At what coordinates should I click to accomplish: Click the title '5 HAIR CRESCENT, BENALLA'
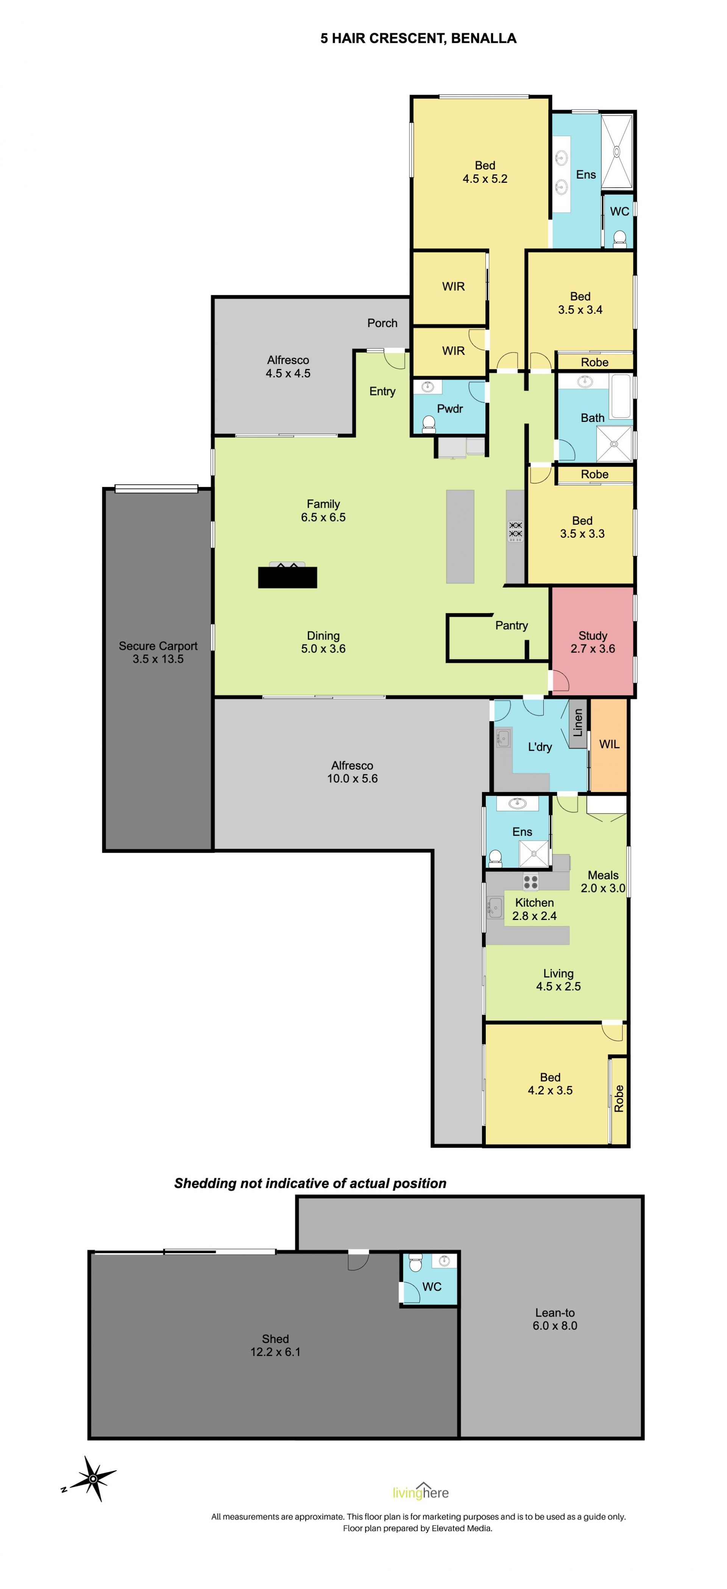(418, 38)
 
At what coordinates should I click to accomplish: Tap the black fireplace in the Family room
(287, 577)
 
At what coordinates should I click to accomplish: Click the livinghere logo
(420, 1491)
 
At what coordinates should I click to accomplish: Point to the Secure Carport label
(158, 652)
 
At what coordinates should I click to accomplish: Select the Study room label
(593, 641)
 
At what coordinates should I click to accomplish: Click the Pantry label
(511, 626)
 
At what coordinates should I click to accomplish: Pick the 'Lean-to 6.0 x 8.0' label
(555, 1319)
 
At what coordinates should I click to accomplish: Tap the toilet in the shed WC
(415, 1263)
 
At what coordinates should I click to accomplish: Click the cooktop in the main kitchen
(515, 531)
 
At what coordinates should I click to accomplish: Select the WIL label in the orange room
(609, 744)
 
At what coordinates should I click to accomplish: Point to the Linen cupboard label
(578, 723)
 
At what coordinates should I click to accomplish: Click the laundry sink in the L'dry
(503, 738)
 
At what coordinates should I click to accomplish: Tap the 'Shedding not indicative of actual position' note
(310, 1183)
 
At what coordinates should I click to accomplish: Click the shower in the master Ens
(616, 151)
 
